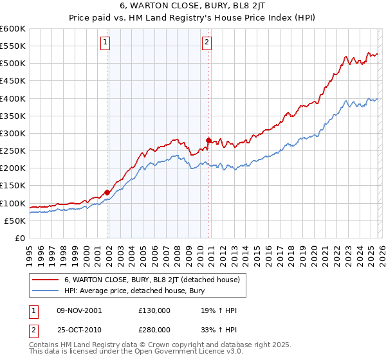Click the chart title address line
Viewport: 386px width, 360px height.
(193, 7)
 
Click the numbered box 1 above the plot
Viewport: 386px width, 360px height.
(105, 43)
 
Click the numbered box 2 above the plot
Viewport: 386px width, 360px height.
(207, 43)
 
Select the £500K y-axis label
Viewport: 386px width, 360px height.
(13, 64)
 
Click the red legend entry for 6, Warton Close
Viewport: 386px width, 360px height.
(152, 280)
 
